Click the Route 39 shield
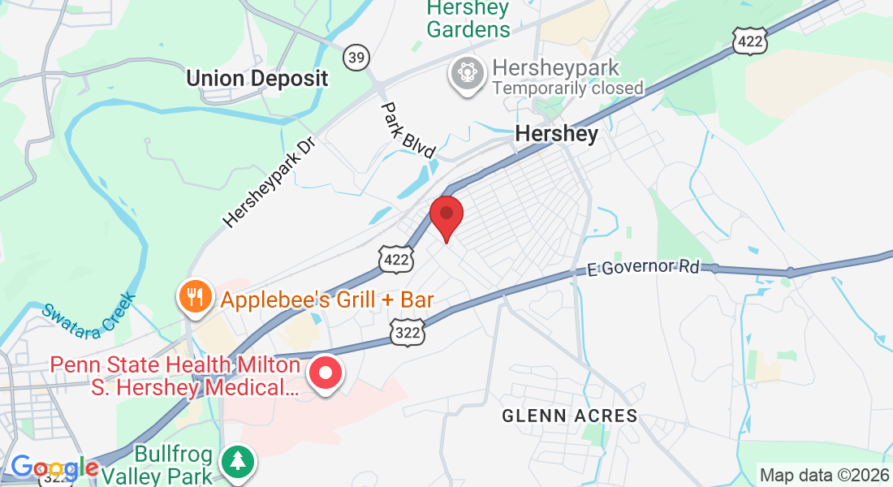click(355, 57)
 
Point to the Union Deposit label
click(257, 78)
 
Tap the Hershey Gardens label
click(468, 19)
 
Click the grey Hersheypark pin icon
click(468, 74)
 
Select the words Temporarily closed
click(567, 88)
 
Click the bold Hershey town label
click(557, 133)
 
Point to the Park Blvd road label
click(409, 129)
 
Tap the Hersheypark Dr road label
click(268, 181)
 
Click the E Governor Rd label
click(644, 266)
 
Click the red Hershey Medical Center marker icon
click(326, 374)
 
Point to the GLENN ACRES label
click(569, 416)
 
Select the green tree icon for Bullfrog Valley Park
click(238, 462)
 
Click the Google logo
click(54, 468)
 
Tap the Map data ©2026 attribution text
click(824, 475)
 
